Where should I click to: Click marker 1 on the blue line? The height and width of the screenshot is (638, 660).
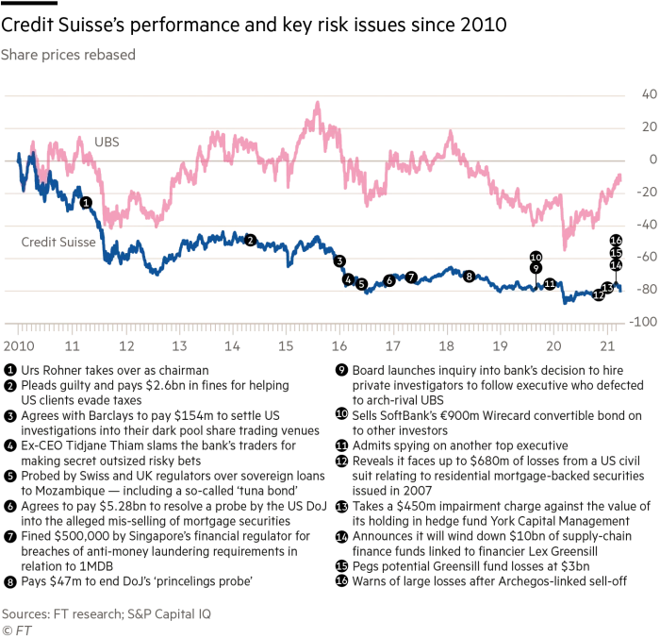[x=86, y=203]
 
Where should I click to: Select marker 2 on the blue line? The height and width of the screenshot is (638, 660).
[x=250, y=241]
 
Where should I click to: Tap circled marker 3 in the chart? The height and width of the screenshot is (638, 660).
[x=339, y=261]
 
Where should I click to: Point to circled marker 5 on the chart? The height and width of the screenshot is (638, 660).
[x=361, y=284]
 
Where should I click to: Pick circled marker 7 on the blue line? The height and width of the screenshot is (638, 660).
[x=411, y=277]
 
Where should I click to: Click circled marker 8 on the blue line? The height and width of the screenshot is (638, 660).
[x=469, y=277]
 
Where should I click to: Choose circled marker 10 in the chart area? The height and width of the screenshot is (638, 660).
[x=536, y=257]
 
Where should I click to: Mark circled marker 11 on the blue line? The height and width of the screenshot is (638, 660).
[x=550, y=283]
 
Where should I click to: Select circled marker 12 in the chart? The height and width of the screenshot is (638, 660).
[x=599, y=295]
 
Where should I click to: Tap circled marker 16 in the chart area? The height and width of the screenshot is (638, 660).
[x=617, y=240]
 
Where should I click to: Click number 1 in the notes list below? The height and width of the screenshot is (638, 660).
[x=10, y=370]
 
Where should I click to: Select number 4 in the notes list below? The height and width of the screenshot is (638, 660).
[x=10, y=445]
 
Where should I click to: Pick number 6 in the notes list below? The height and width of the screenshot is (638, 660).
[x=10, y=506]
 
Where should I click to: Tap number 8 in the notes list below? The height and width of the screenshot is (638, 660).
[x=10, y=582]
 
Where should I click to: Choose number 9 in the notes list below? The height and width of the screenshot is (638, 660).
[x=341, y=370]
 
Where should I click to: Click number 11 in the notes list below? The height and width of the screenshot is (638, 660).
[x=341, y=445]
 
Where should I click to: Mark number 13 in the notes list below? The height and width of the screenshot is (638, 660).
[x=341, y=507]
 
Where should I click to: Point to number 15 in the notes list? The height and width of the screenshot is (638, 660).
[x=341, y=566]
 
